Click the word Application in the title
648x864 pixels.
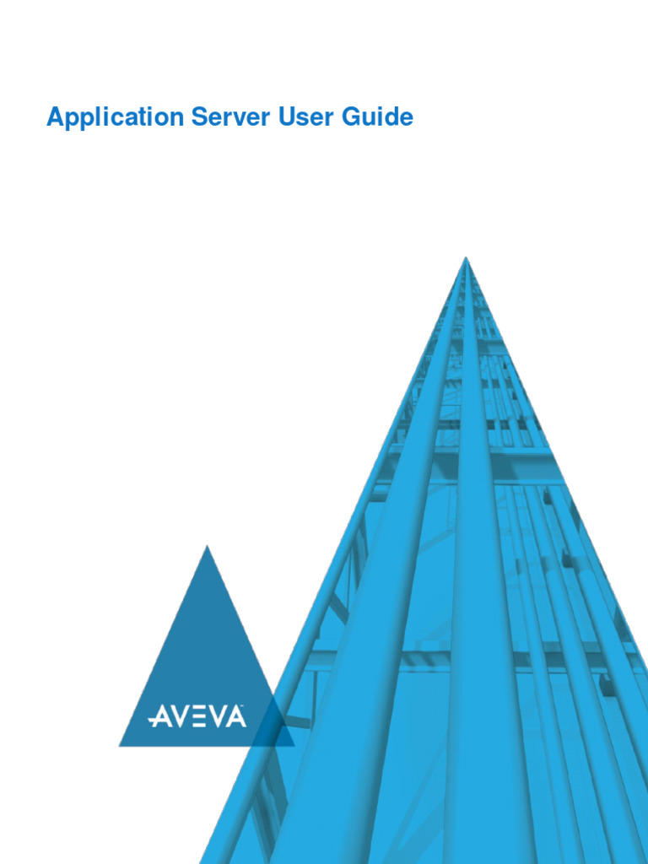[114, 117]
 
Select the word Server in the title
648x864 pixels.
[226, 117]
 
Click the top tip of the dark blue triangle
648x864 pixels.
[207, 547]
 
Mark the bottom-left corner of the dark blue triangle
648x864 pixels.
[120, 746]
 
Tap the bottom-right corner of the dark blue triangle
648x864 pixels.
[294, 746]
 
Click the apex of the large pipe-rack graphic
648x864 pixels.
[465, 258]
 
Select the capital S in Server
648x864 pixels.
[198, 117]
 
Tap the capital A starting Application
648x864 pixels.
[55, 117]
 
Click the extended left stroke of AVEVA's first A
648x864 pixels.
[152, 721]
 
